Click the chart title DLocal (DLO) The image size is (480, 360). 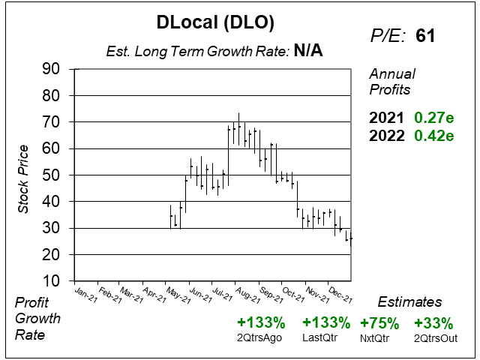(215, 23)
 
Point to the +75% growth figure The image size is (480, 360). (380, 323)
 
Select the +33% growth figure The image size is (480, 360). (433, 323)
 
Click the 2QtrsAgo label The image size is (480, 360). (261, 337)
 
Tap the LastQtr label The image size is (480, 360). (326, 337)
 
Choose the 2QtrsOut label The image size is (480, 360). (433, 337)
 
